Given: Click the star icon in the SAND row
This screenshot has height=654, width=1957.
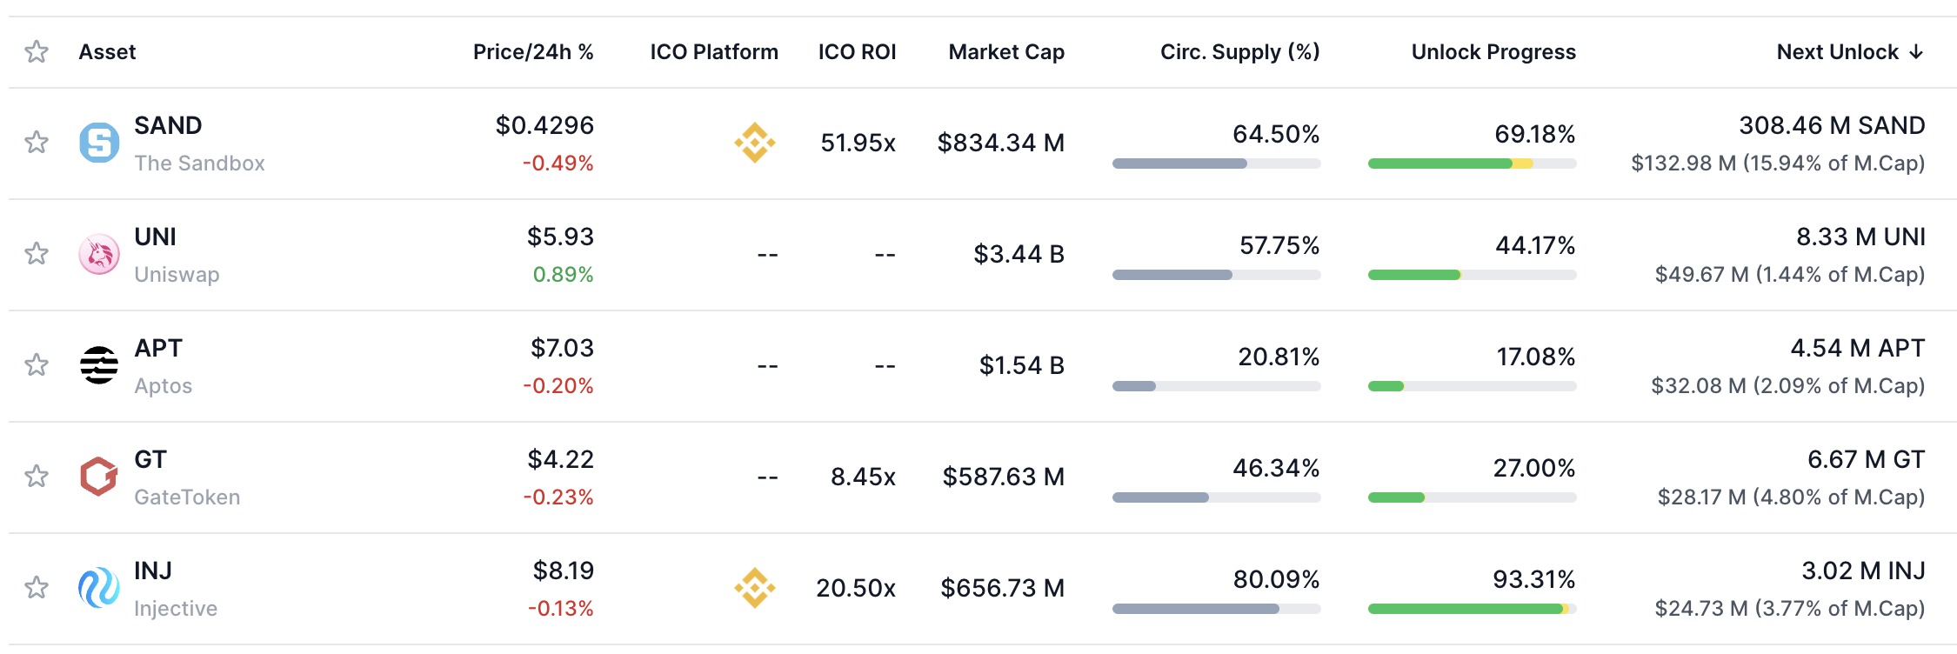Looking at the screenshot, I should click(37, 142).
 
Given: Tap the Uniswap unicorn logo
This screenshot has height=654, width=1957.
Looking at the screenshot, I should click(99, 254).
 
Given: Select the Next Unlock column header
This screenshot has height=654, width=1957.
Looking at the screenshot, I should click(1848, 52).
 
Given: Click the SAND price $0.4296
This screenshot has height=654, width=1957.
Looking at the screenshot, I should click(544, 125).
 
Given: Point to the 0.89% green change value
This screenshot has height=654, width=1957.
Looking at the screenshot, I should click(563, 275).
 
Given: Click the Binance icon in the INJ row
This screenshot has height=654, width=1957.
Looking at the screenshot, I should click(754, 588).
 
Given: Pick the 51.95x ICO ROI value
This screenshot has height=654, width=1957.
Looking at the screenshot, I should click(858, 143).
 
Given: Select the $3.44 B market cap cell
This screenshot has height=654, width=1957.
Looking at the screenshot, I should click(1019, 254).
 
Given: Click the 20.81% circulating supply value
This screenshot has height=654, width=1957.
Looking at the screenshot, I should click(1278, 357).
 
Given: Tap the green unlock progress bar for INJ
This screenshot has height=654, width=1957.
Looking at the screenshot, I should click(1466, 609).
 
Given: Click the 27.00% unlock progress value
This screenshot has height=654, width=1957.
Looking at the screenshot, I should click(1533, 468).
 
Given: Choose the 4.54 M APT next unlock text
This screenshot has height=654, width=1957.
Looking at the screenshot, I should click(1857, 348).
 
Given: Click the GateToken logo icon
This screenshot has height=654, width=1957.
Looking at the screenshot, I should click(99, 477).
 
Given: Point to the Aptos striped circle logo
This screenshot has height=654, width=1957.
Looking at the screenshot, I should click(99, 365).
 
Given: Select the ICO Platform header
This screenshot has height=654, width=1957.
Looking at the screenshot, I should click(713, 52).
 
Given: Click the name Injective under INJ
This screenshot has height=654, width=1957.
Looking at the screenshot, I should click(176, 609).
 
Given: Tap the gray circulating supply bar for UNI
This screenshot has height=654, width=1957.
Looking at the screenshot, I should click(1172, 275).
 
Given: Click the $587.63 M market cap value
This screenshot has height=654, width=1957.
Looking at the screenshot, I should click(1003, 477).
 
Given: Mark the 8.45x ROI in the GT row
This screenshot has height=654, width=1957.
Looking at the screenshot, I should click(862, 477).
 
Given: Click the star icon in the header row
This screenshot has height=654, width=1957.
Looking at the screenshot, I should click(37, 52).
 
